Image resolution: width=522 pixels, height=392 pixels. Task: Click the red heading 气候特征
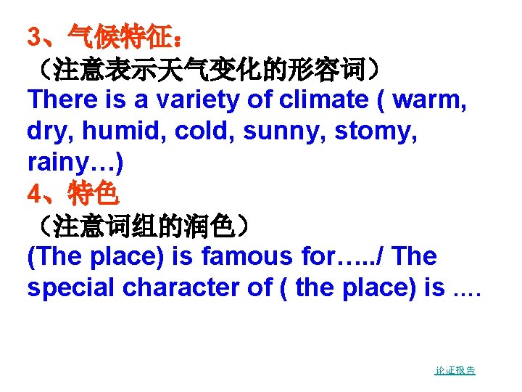(120, 36)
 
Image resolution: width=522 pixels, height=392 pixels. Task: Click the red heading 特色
(94, 194)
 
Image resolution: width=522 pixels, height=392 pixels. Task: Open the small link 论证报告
(455, 370)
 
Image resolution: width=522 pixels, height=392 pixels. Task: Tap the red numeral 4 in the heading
(33, 194)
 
